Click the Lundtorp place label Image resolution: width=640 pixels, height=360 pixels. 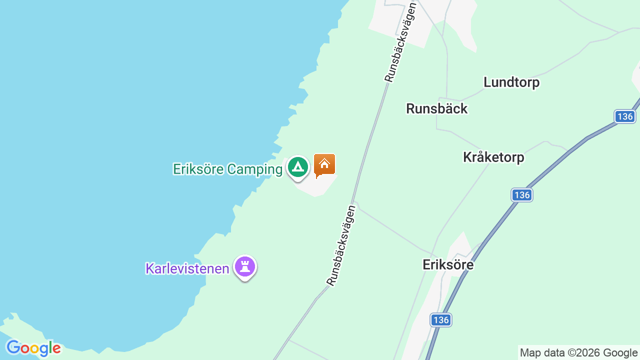(x=511, y=82)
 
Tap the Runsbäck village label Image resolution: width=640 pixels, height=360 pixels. (x=436, y=108)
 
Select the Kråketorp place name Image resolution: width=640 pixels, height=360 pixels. (x=493, y=157)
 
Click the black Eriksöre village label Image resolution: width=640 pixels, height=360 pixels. (x=448, y=264)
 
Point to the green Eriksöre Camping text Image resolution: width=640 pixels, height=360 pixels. (x=227, y=169)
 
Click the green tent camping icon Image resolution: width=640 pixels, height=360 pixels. (x=298, y=167)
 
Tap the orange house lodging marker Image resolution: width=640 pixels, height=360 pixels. (x=324, y=164)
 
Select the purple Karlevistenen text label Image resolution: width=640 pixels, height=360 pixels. (x=187, y=268)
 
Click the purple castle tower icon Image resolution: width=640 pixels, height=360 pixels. (x=245, y=266)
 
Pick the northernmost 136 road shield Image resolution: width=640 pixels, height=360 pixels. (x=625, y=116)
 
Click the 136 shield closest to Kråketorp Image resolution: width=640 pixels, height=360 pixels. (x=522, y=195)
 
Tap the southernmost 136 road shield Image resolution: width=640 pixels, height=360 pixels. (x=440, y=320)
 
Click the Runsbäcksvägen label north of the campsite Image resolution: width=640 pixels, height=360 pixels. (x=400, y=42)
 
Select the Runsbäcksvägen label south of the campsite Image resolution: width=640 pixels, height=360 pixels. (x=341, y=245)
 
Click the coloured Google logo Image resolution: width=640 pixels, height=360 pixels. (x=33, y=348)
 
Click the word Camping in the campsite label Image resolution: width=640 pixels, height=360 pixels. (x=254, y=169)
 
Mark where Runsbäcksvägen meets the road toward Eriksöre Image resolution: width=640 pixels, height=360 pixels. (x=354, y=202)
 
